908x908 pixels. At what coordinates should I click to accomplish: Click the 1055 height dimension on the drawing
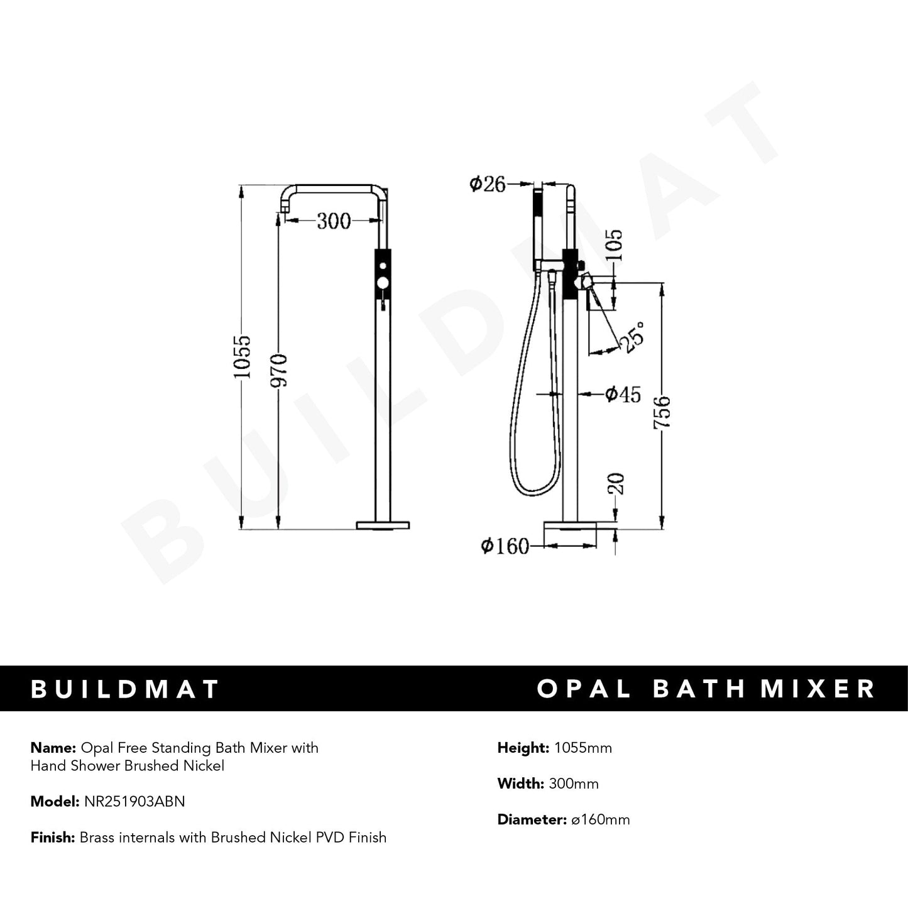pos(243,356)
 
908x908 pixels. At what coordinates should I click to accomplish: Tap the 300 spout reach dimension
pos(333,221)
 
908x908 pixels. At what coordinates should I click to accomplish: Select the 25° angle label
pos(632,337)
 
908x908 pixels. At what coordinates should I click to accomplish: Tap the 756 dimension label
pos(663,412)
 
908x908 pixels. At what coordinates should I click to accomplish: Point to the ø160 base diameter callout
pos(505,547)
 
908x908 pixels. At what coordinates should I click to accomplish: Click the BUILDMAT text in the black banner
pos(125,689)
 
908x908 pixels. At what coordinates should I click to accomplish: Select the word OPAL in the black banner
pos(584,689)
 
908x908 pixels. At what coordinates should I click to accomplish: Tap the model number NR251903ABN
pos(134,801)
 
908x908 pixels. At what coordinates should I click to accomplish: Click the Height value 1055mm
pos(582,748)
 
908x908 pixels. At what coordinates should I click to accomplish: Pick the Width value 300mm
pos(574,784)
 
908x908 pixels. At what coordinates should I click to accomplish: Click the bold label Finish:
pos(53,837)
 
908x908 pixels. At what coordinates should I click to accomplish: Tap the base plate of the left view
pos(383,525)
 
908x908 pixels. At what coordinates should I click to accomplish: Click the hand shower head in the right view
pos(538,226)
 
